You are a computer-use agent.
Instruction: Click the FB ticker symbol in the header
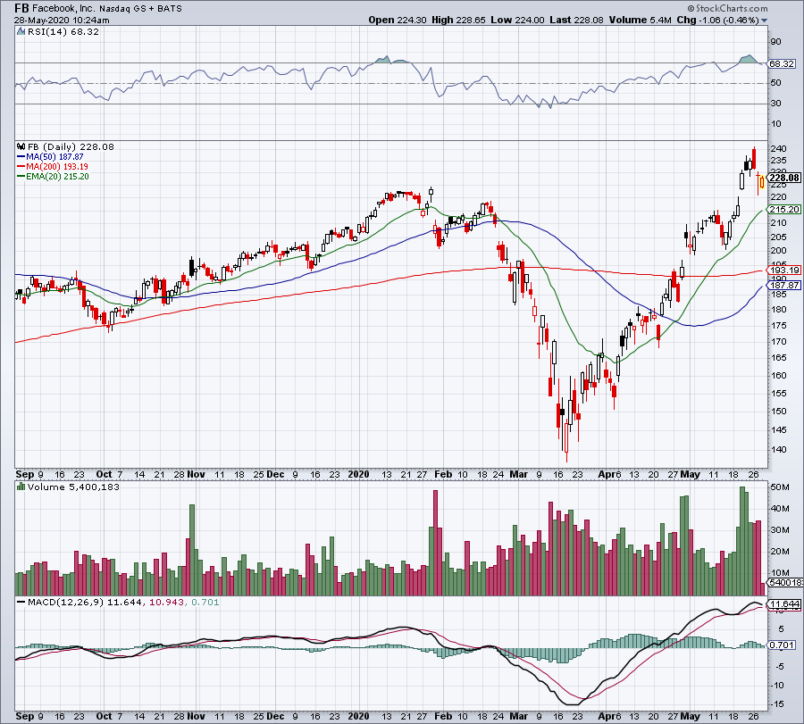point(23,7)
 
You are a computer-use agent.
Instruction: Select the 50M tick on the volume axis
point(778,487)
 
